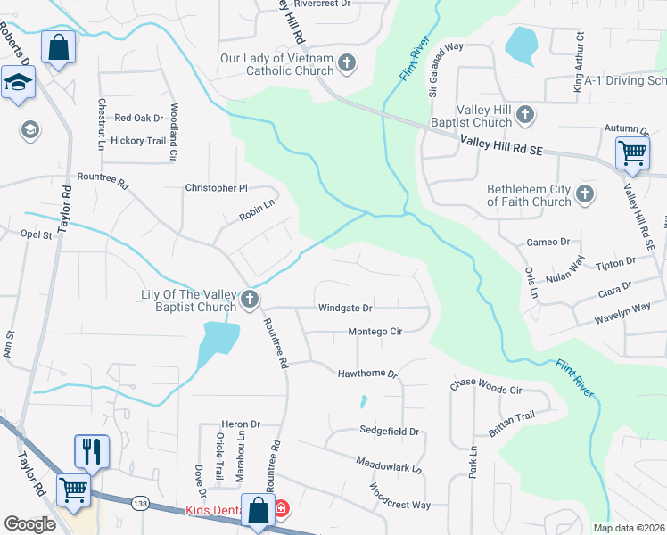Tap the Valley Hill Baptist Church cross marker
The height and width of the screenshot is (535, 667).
click(526, 114)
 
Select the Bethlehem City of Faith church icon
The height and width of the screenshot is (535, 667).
click(585, 193)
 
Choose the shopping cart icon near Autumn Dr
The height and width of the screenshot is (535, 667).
click(632, 152)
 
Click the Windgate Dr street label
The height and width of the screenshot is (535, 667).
click(345, 309)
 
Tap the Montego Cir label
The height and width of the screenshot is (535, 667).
click(375, 331)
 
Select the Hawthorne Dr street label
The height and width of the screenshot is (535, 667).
click(366, 374)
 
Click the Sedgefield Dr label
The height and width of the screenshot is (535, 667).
click(389, 431)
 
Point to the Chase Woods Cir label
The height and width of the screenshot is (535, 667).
click(486, 390)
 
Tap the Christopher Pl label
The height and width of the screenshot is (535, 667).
click(215, 188)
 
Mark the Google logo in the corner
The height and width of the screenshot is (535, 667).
click(30, 524)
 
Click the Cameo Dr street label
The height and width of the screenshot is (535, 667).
click(548, 242)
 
